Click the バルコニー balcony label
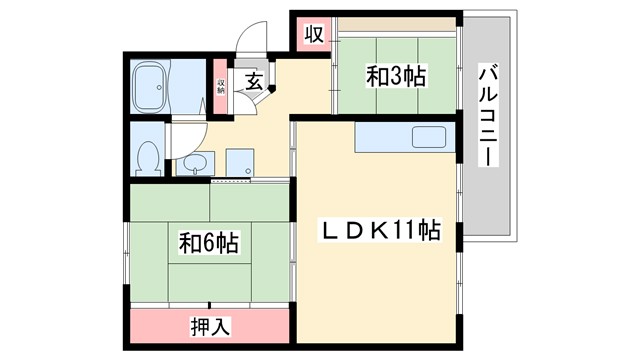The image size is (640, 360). [x=489, y=114]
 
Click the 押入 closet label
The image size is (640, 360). [x=208, y=325]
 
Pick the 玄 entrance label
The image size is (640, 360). [x=254, y=82]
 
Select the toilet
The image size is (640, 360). [x=148, y=157]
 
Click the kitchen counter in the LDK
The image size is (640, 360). [x=403, y=137]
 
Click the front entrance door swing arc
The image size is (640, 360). [x=248, y=46]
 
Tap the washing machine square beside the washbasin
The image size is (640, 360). [x=240, y=162]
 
